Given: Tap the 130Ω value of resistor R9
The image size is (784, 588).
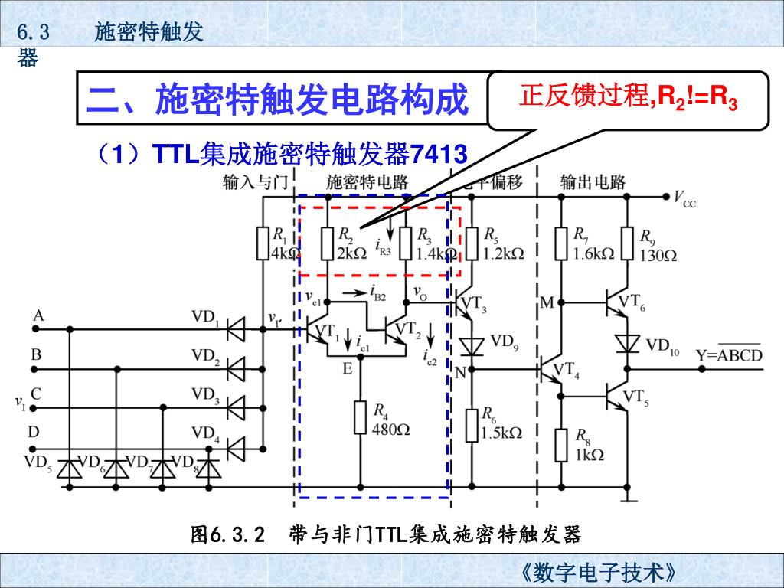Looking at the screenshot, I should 658,255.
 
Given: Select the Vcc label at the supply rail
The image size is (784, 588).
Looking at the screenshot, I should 684,199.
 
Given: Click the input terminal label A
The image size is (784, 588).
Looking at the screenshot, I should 38,315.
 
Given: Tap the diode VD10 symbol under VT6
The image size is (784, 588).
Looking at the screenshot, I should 628,344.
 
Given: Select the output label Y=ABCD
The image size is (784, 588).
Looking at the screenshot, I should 729,355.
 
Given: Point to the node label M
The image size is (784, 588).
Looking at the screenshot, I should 547,303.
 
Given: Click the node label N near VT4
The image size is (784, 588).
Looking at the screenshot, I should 460,373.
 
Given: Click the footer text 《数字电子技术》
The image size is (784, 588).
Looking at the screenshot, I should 597,573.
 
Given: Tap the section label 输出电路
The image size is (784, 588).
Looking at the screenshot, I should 593,182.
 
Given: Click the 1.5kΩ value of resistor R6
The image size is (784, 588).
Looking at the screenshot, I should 502,433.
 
